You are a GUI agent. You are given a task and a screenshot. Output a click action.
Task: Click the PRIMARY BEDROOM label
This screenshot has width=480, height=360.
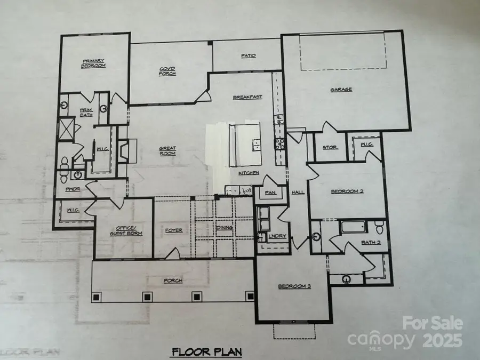pos(93,63)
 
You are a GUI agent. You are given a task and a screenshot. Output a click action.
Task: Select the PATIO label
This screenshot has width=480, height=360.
pos(248,55)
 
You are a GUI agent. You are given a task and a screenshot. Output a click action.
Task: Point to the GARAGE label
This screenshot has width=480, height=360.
pos(341,90)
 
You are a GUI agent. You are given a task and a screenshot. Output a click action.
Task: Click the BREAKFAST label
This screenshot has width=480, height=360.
pos(247,97)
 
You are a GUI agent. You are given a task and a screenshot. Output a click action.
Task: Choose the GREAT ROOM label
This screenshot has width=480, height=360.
pos(167,151)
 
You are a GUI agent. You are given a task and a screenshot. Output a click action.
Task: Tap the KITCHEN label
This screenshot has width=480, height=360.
pos(249,173)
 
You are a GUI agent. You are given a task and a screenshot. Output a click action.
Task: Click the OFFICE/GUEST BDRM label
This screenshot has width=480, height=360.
pos(122,230)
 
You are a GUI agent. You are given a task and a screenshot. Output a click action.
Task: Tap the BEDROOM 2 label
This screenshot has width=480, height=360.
pos(347,191)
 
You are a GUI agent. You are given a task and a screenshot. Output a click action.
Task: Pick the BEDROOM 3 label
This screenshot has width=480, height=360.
pos(294,286)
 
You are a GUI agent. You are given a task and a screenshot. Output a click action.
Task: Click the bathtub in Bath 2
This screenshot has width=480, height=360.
pos(353,227)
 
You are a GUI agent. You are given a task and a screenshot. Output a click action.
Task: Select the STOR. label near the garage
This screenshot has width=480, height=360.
pos(329,147)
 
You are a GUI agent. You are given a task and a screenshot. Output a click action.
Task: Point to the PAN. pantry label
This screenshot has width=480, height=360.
pos(270,193)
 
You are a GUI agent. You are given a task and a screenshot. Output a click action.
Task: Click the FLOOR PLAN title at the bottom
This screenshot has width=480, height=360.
pos(206,352)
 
